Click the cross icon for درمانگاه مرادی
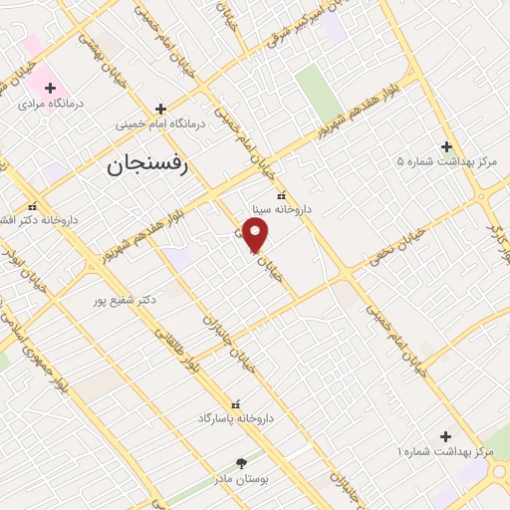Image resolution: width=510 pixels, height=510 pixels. [50, 88]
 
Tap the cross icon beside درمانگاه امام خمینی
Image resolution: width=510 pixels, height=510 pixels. [160, 108]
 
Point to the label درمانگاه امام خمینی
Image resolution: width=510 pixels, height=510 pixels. [160, 126]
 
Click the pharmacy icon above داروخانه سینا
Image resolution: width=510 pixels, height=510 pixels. [280, 195]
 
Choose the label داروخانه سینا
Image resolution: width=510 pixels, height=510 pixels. [280, 210]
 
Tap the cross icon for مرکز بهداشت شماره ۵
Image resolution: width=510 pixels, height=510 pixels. [446, 146]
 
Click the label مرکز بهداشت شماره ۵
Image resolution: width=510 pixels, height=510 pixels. [445, 161]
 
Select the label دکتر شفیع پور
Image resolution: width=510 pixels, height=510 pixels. [125, 299]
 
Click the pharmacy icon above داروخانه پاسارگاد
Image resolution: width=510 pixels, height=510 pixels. [236, 404]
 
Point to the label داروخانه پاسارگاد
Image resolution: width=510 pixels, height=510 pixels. [236, 419]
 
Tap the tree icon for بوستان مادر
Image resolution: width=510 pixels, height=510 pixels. [240, 463]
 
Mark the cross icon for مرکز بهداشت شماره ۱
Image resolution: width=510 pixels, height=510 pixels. [445, 436]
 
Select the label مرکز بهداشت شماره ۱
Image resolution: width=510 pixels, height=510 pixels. [445, 452]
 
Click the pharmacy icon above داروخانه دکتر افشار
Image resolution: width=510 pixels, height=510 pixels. [32, 205]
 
